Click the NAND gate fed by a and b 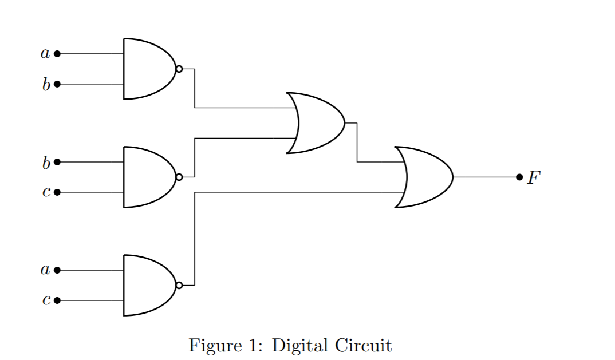tap(148, 69)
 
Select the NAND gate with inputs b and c tap(148, 177)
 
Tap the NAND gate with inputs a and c tap(148, 285)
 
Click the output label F tap(534, 177)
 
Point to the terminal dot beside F tap(519, 177)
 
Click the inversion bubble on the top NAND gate tap(179, 69)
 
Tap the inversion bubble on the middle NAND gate tap(179, 177)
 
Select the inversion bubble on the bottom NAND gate tap(179, 285)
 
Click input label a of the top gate tap(45, 54)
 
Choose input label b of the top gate tap(46, 85)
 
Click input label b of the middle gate tap(46, 163)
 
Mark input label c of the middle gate tap(46, 193)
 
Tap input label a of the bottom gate tap(45, 270)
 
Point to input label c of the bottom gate tap(46, 300)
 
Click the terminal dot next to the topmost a tap(57, 54)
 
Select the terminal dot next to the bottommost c tap(57, 300)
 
